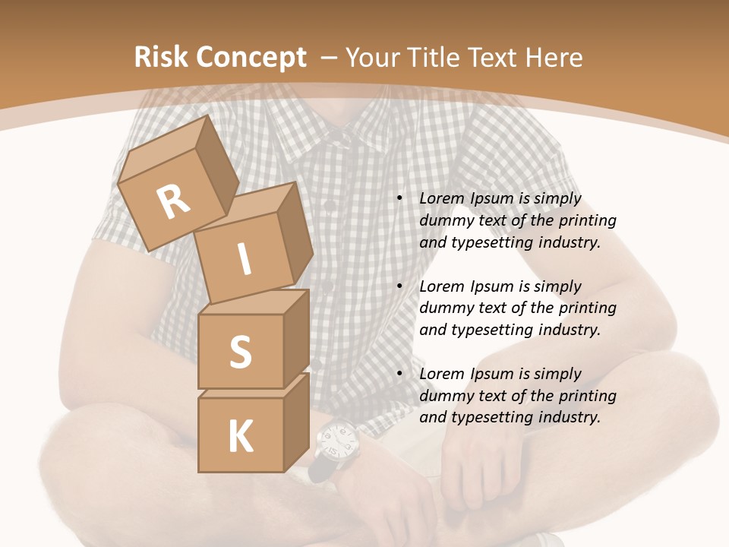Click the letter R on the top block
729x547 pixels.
click(x=174, y=202)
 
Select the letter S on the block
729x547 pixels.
click(x=240, y=353)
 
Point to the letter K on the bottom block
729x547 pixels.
click(x=240, y=438)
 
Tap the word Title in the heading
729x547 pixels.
click(x=435, y=58)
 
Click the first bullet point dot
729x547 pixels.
click(x=399, y=198)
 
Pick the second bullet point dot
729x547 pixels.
click(x=399, y=286)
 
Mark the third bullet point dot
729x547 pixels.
click(x=399, y=374)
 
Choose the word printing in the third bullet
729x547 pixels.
click(x=587, y=396)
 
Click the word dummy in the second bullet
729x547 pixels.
click(x=444, y=308)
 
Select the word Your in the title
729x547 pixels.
click(x=373, y=58)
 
